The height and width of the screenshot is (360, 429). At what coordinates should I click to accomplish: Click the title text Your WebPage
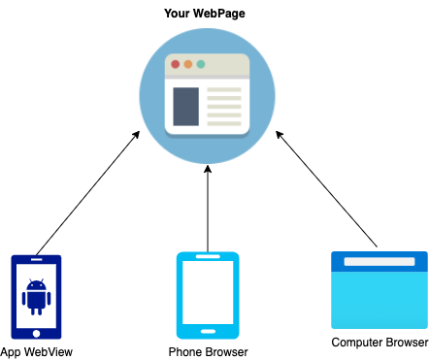[206, 15]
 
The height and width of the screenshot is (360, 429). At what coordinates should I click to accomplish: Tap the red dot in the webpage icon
[176, 64]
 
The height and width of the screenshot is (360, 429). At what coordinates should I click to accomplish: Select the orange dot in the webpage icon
[188, 64]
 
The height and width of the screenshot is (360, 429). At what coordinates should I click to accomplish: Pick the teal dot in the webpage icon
[201, 64]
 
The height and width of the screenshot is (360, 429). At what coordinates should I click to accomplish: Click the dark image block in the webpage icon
[185, 107]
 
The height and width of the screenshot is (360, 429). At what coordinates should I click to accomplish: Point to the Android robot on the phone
[36, 296]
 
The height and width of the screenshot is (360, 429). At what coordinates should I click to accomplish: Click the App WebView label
[37, 351]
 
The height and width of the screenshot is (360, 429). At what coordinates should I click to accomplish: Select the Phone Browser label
[208, 351]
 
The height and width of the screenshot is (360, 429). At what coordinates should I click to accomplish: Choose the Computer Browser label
[379, 343]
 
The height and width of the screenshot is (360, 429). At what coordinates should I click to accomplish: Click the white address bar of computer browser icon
[379, 262]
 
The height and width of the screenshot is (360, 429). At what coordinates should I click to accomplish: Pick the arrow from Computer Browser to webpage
[328, 190]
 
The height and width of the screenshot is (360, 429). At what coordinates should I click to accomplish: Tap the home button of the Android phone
[36, 328]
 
